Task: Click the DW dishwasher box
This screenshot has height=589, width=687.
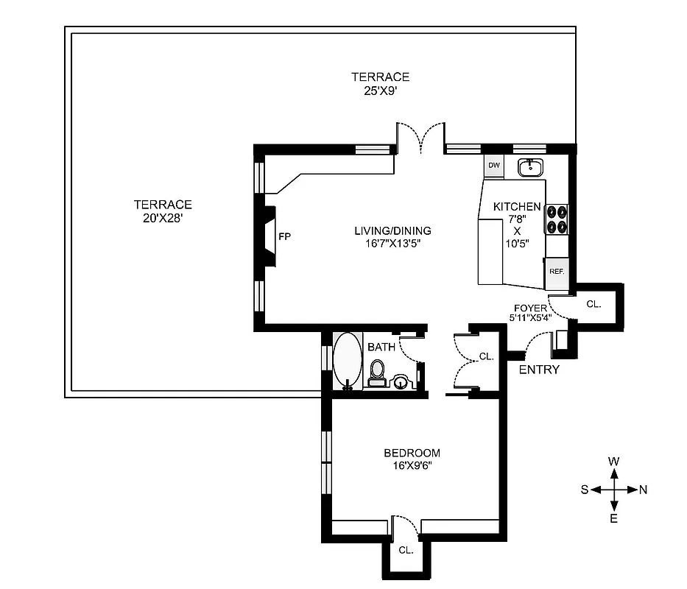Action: tap(494, 166)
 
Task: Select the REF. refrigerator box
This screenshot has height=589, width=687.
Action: tap(557, 272)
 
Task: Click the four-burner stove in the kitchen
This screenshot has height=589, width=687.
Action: tap(556, 219)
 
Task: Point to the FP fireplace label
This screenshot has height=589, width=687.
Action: tap(283, 236)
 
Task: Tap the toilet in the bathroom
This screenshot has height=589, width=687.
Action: tap(377, 373)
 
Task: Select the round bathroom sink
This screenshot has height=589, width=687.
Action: tap(401, 381)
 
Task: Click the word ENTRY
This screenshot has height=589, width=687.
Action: tap(539, 370)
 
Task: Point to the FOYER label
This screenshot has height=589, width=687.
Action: tap(531, 308)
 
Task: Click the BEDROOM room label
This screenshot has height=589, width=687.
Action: tap(412, 453)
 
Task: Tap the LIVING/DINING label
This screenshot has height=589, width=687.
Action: tap(392, 230)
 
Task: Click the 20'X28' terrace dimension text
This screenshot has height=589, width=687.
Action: tap(163, 218)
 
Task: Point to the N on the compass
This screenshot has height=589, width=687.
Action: tap(643, 490)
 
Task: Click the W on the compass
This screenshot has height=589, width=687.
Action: tap(613, 462)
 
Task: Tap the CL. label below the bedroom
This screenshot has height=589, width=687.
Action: tap(406, 550)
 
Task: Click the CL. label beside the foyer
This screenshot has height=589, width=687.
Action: tap(593, 303)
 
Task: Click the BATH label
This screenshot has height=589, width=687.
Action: tap(381, 347)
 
